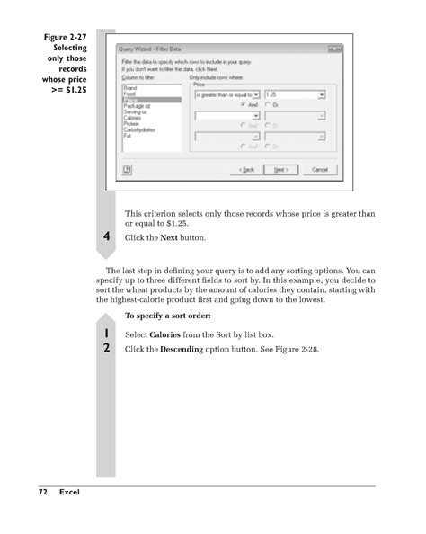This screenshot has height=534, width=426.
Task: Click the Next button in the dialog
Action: (x=280, y=169)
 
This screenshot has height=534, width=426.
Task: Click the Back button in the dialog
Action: (x=245, y=169)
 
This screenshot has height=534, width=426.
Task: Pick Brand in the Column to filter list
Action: (x=129, y=88)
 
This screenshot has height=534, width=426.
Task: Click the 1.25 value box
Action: (x=296, y=93)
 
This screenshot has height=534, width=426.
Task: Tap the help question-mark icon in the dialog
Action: (x=128, y=168)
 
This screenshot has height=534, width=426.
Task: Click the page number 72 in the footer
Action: (x=42, y=493)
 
